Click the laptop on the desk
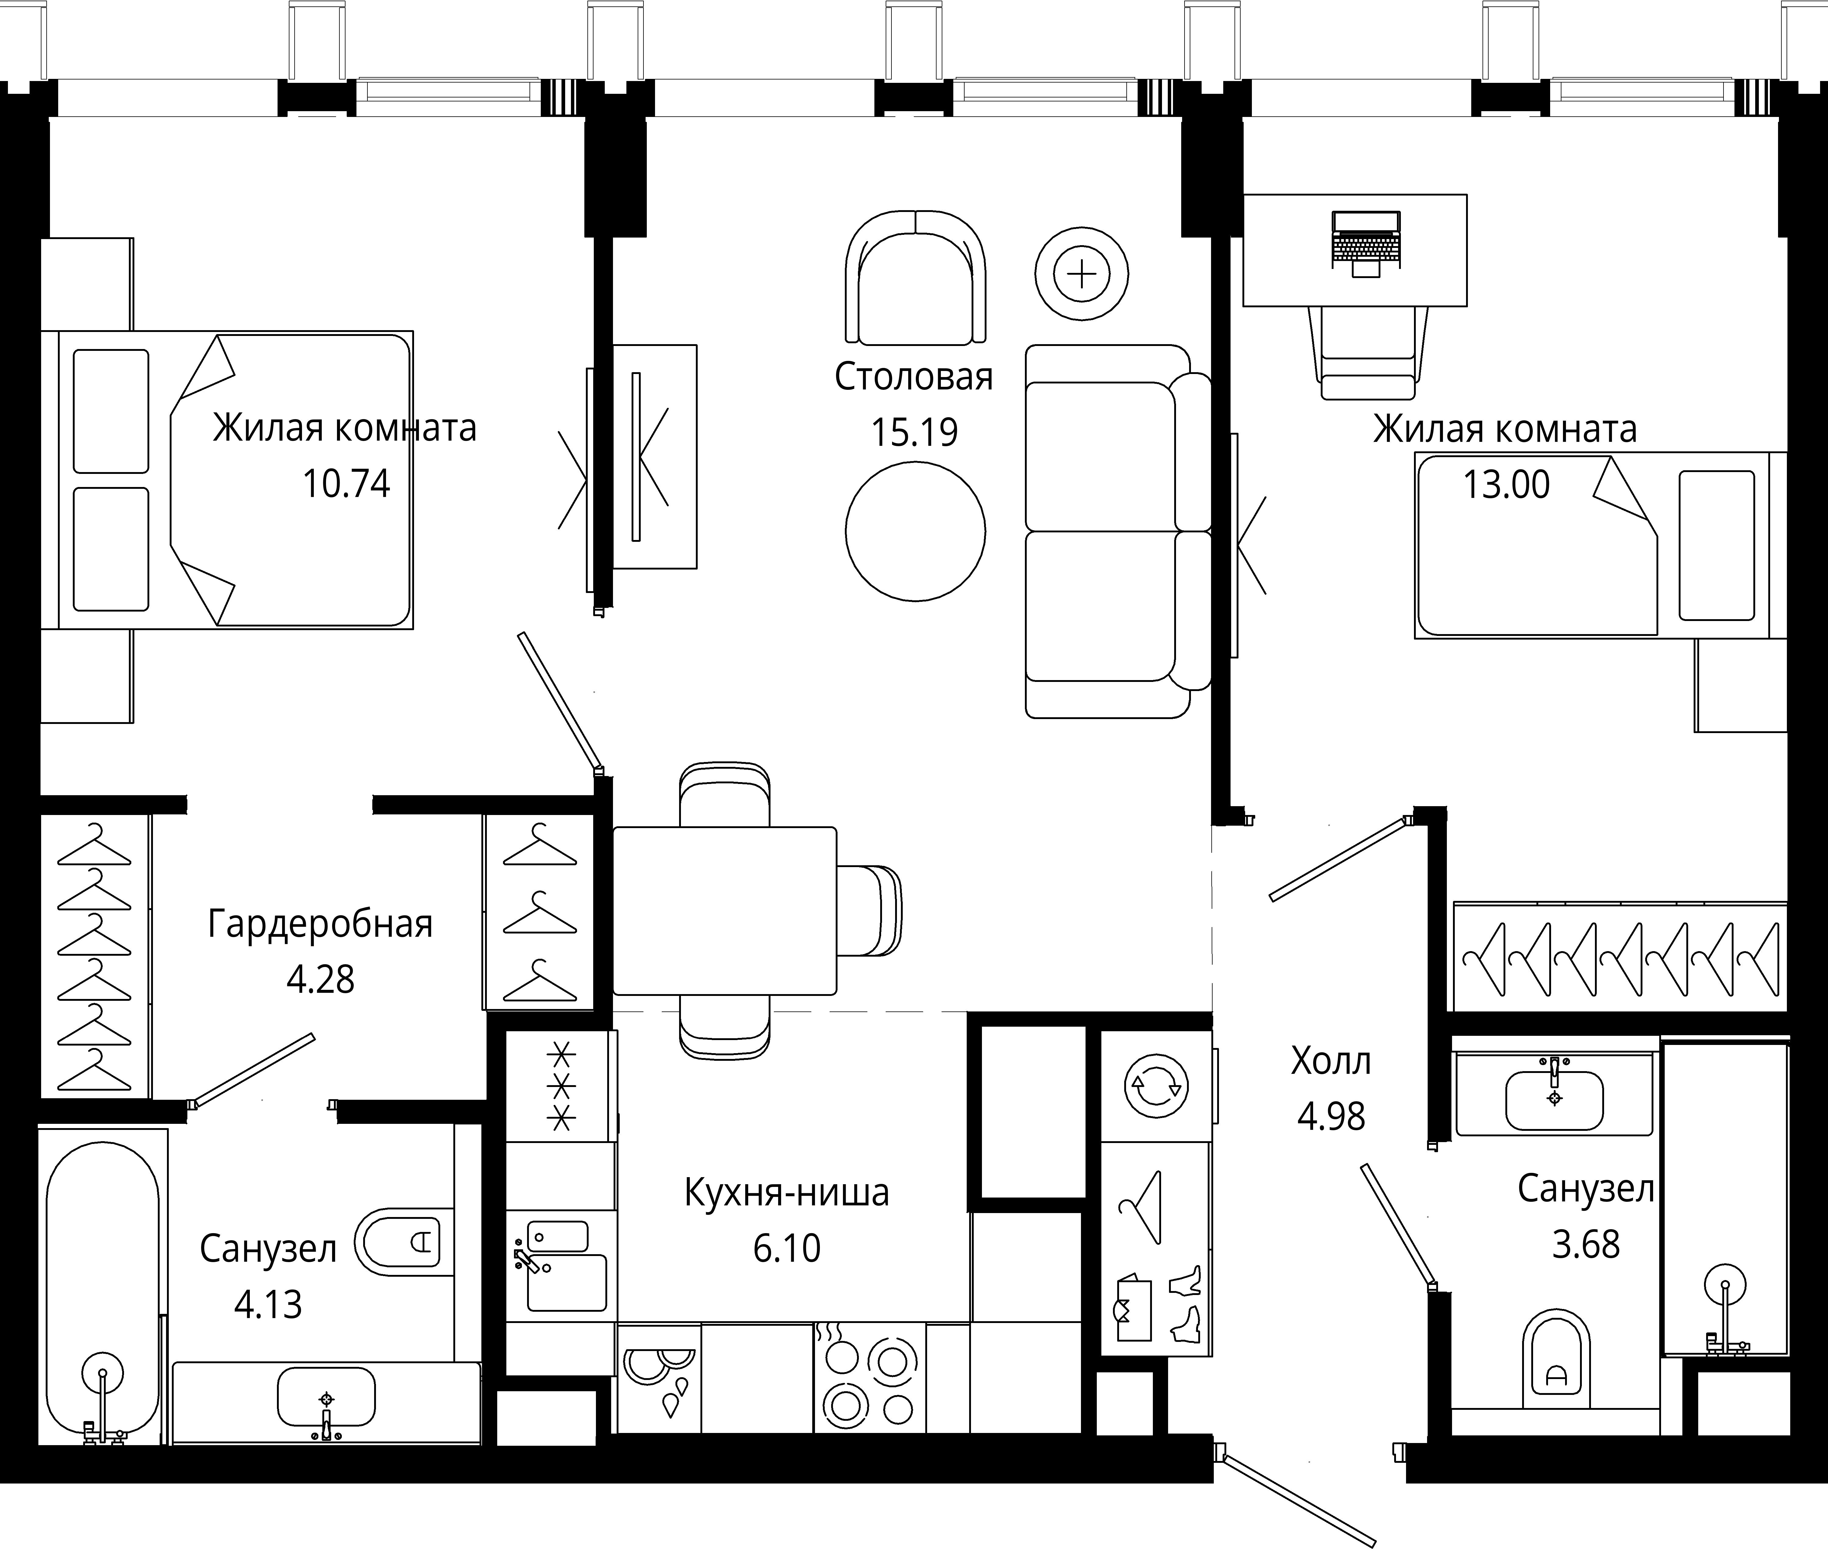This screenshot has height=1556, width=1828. pos(1366,242)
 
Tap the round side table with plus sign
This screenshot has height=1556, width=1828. pos(1082,274)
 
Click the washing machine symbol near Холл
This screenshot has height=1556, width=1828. pos(1157,1086)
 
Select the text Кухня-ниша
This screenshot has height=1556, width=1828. pos(787,1193)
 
